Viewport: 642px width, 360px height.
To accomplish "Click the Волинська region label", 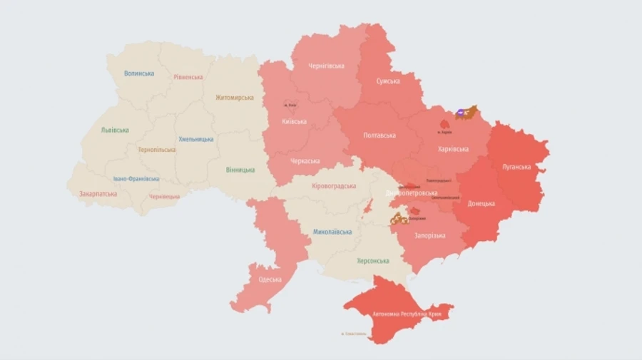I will click(x=139, y=73).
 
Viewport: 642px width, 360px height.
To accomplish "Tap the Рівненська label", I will click(x=188, y=77).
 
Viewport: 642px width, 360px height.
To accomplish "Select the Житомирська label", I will click(x=234, y=98).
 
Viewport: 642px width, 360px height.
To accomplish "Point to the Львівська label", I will click(x=115, y=130).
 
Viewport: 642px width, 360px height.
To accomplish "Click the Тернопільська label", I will click(x=156, y=150).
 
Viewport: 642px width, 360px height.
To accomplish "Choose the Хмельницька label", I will click(x=195, y=139).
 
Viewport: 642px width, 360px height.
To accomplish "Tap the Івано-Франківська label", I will click(x=136, y=179).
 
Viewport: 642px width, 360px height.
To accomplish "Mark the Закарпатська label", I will click(x=99, y=193).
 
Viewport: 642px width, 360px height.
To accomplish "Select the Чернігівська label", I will click(x=326, y=66).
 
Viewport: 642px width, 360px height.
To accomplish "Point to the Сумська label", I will click(x=388, y=82).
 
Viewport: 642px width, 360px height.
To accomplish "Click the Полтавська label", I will click(x=379, y=135).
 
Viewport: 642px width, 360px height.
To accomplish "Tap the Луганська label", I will click(x=516, y=167).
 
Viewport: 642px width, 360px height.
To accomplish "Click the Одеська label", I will click(x=270, y=279).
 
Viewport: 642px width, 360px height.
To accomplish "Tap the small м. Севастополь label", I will click(x=354, y=334).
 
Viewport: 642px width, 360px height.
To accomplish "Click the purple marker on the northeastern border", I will click(x=461, y=112).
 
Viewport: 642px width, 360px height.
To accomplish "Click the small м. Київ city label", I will click(x=290, y=105).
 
